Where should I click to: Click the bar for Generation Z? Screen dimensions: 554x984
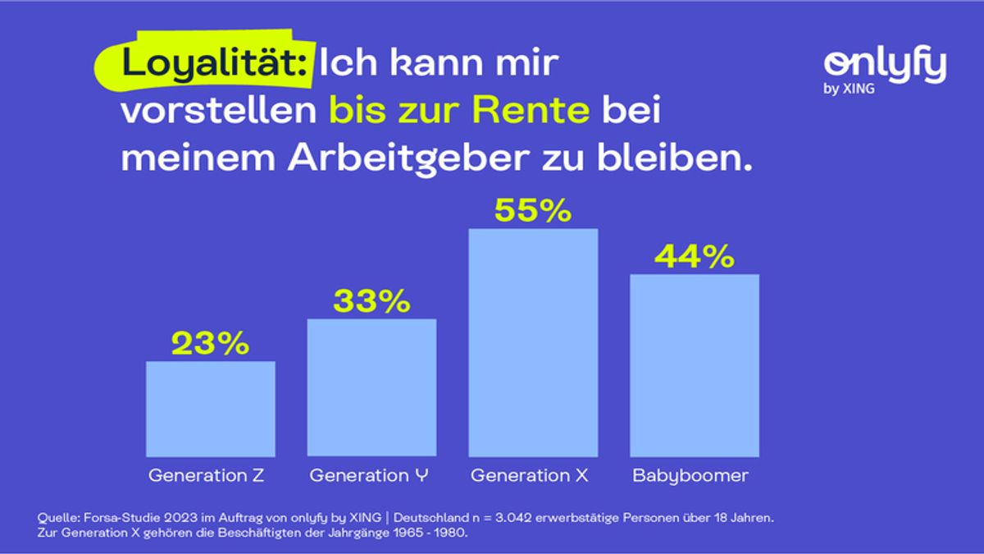(210, 409)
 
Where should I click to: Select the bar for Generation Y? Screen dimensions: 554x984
(371, 387)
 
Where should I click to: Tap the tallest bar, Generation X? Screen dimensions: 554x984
(533, 342)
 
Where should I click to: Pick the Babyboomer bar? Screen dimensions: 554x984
(694, 365)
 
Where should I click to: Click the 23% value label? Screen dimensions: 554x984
(210, 344)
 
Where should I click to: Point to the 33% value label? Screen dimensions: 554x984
(371, 301)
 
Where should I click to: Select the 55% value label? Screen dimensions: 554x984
(533, 211)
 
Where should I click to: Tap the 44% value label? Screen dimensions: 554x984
(694, 257)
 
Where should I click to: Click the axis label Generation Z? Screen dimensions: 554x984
(207, 475)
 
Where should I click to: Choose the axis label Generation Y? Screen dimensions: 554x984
(370, 475)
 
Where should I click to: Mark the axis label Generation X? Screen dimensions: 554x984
(530, 475)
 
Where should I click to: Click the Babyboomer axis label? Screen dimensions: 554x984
(690, 475)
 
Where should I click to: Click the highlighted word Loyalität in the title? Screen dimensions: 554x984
(215, 63)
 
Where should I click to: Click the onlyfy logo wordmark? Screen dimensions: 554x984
(885, 66)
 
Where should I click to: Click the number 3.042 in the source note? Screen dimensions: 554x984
(508, 519)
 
